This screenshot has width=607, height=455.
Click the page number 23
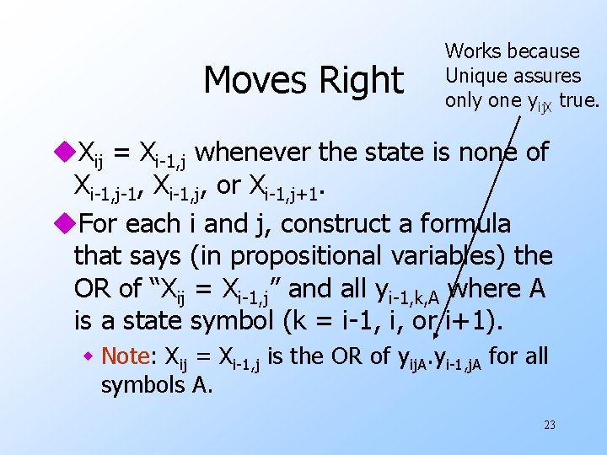[x=549, y=425]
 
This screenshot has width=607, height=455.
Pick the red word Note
[x=126, y=356]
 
